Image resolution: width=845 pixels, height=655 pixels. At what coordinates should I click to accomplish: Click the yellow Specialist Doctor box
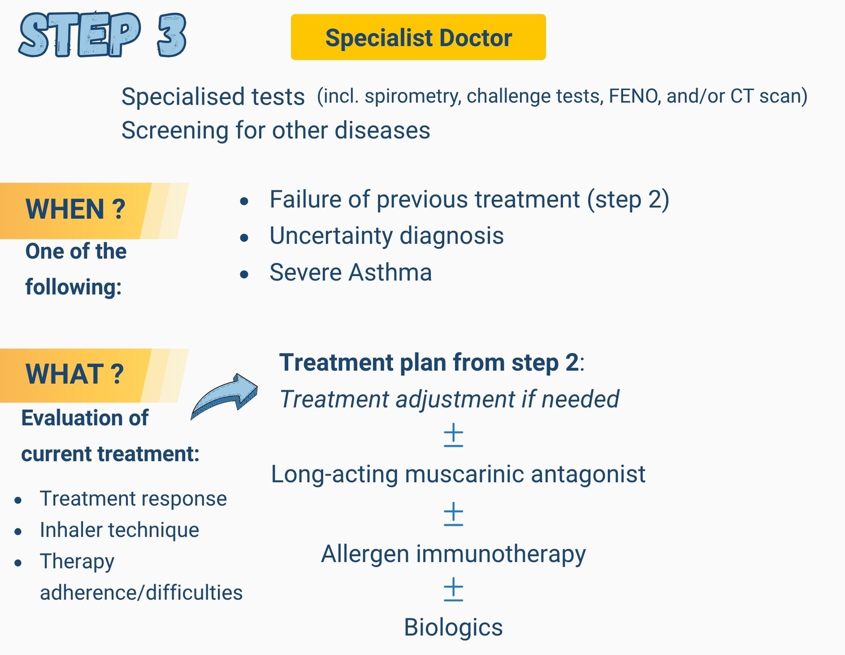point(418,37)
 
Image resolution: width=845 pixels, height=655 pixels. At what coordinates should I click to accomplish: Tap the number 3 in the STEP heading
point(172,35)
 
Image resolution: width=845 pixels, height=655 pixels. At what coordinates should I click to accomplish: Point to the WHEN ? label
point(75,209)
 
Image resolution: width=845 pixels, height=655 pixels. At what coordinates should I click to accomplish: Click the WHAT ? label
point(74,374)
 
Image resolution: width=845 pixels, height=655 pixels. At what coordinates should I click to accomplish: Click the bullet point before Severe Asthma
point(244,274)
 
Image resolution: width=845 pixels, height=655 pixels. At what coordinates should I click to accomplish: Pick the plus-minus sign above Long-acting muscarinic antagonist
point(453,435)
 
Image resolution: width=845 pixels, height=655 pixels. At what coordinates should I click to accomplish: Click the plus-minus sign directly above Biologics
point(453,589)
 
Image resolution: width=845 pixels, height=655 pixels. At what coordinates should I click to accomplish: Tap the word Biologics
point(453,628)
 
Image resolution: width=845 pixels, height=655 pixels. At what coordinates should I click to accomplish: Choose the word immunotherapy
point(501,555)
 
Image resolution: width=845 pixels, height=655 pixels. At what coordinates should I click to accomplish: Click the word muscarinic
point(464,474)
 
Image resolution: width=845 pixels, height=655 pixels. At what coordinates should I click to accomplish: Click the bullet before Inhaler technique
point(18,532)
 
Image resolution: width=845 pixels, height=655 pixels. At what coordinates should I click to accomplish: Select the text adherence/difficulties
point(141,593)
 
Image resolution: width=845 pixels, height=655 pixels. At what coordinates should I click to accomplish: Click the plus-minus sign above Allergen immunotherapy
point(453,514)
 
